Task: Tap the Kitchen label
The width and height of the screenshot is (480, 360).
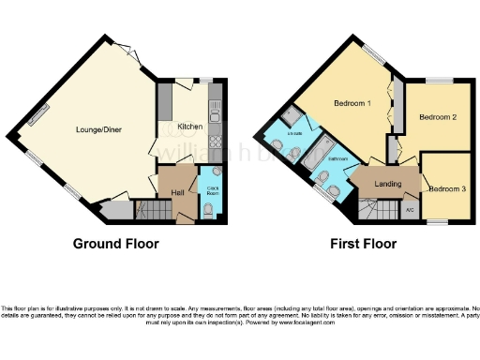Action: (x=190, y=127)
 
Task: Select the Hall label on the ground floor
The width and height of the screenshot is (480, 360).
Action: (x=177, y=192)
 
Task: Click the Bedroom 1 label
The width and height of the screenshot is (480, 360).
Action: (x=353, y=103)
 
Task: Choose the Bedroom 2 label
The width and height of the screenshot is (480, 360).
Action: (x=438, y=118)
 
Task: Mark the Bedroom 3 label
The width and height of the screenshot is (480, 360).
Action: (x=446, y=189)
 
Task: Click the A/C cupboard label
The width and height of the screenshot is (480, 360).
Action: (x=410, y=209)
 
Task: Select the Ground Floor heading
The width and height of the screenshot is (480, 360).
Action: (x=115, y=244)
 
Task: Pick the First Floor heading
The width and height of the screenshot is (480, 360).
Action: (x=363, y=244)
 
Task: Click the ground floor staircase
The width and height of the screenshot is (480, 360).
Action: (x=150, y=211)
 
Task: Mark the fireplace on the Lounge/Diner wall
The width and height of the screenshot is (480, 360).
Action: (x=39, y=114)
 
